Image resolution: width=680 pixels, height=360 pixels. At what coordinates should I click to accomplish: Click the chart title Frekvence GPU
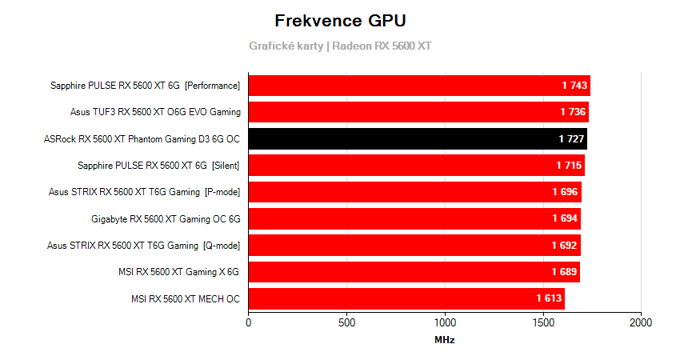pos(340,20)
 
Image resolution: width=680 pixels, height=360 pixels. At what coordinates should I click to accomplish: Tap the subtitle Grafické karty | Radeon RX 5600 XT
pos(340,46)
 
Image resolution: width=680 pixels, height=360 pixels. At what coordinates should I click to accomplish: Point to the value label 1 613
pos(550,299)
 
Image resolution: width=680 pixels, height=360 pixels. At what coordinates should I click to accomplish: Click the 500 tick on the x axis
pos(346,322)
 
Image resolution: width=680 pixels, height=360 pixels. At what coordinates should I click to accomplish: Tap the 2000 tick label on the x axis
pos(641,322)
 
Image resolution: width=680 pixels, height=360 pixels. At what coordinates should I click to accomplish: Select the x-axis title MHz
pos(445,340)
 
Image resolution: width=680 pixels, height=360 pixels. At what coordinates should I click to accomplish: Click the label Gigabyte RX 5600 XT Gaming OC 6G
pos(166,218)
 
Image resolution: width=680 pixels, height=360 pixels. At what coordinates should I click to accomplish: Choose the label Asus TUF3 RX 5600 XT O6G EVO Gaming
pos(155,112)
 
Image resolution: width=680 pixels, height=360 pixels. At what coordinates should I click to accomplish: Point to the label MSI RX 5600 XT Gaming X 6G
pos(178,272)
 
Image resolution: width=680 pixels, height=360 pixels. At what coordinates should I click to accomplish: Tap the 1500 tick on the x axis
pos(542,322)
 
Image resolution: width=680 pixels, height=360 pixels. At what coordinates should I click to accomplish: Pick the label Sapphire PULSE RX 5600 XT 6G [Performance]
pos(145,86)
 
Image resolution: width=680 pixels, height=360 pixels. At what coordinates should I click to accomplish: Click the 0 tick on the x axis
pos(249,322)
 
